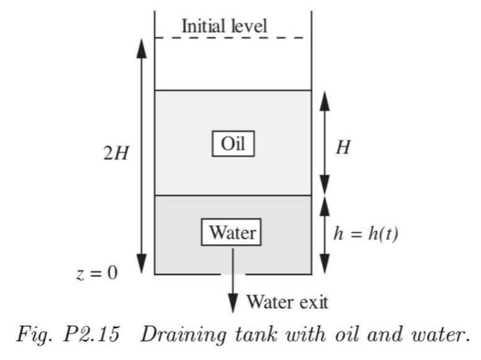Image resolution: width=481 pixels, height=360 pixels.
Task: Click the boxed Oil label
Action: pyautogui.click(x=233, y=144)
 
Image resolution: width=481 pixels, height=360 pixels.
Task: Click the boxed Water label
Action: pyautogui.click(x=232, y=233)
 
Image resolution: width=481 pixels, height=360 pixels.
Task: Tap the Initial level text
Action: pyautogui.click(x=224, y=26)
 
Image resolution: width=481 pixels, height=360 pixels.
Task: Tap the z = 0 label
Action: pyautogui.click(x=96, y=272)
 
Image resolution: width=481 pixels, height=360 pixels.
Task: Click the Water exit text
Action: pyautogui.click(x=287, y=302)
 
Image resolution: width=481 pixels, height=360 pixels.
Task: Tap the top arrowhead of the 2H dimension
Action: pyautogui.click(x=142, y=47)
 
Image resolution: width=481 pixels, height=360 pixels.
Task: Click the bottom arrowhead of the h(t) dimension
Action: pyautogui.click(x=325, y=265)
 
